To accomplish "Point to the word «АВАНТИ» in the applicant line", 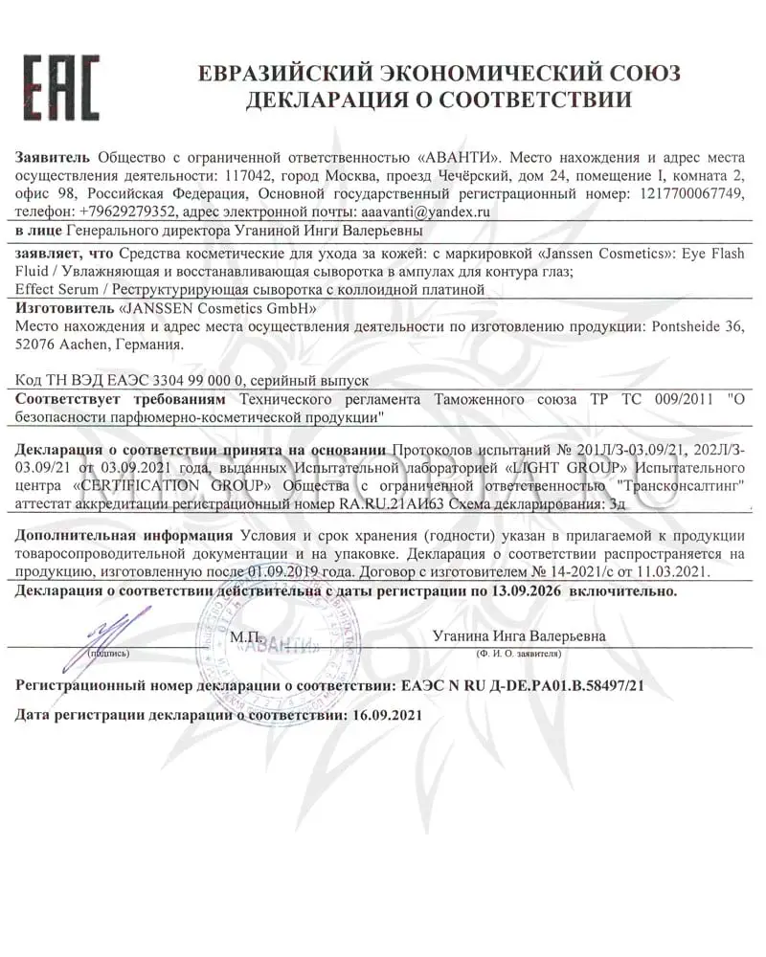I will coord(461,158).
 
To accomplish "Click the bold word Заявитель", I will coord(54,158).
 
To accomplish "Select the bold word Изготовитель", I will coord(65,308).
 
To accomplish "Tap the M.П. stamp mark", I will coord(245,634).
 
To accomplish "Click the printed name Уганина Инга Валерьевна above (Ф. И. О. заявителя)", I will coord(518,635).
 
